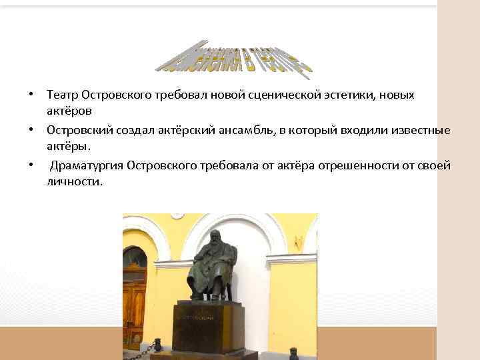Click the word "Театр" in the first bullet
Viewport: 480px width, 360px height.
tap(62, 95)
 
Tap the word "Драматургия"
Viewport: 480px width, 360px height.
tap(85, 165)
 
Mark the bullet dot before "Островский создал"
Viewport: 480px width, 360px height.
tap(31, 130)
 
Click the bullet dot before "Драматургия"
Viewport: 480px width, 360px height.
tap(31, 165)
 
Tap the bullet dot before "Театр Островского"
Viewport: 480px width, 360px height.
tap(31, 95)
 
